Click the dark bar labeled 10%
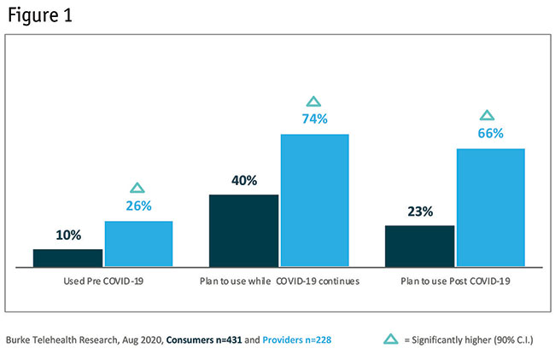pos(68,258)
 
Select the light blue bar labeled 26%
pos(138,245)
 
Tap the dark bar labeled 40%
pos(244,231)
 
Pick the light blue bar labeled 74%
pos(315,201)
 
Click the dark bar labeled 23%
pos(420,247)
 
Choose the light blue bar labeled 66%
pos(491,208)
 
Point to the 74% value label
pos(315,119)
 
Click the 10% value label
pos(68,235)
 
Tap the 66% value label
pos(491,133)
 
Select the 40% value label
pos(243,180)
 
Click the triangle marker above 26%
pos(138,188)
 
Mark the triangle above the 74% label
pos(314,102)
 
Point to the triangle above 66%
pos(488,115)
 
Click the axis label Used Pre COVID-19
pos(103,281)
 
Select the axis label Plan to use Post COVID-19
pos(455,281)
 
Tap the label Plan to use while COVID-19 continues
pos(279,281)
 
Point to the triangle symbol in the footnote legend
pos(390,340)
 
